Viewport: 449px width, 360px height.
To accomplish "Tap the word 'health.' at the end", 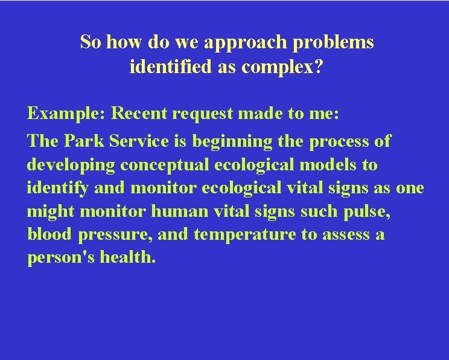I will (x=128, y=257).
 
